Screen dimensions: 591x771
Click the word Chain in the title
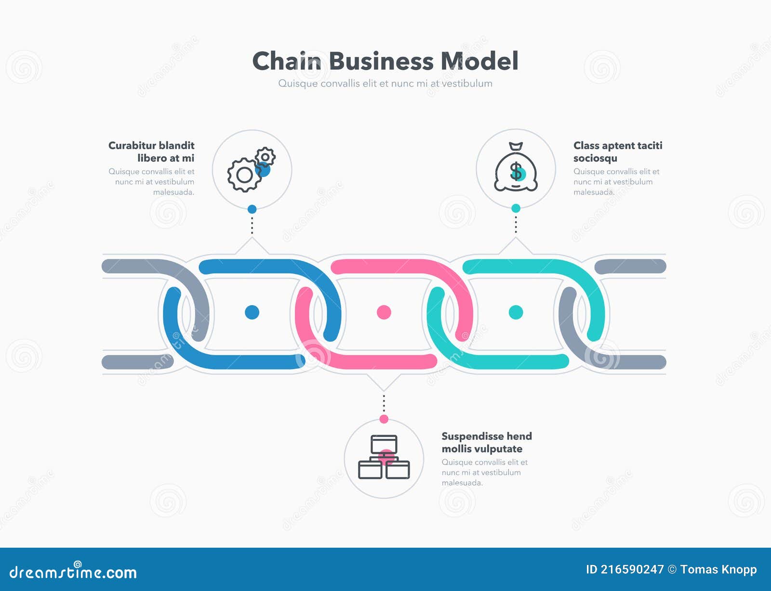pos(287,61)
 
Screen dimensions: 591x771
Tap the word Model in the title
pos(479,61)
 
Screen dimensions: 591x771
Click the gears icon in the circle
pos(251,170)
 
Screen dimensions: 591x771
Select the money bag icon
pos(516,168)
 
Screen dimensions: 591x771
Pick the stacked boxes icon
pos(384,457)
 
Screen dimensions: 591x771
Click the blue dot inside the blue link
pos(252,312)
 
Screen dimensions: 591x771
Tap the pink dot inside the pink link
pos(384,312)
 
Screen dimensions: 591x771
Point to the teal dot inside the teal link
pos(516,312)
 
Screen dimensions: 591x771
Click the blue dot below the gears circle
pos(252,209)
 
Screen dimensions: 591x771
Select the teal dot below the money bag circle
pos(516,208)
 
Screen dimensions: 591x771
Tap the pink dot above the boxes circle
pos(384,419)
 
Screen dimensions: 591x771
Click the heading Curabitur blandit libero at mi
pos(151,152)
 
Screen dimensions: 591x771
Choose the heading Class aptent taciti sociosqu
pos(617,152)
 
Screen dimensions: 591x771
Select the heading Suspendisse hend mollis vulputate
pos(486,442)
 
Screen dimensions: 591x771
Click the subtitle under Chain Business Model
pos(385,83)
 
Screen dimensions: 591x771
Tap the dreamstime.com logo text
pos(73,572)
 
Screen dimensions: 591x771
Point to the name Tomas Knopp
pos(718,570)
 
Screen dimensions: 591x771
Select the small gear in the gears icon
pos(265,157)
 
